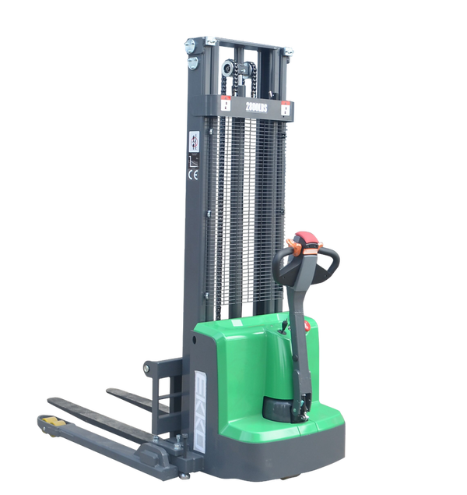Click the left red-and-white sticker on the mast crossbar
225,104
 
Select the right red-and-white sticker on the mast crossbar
286,110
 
